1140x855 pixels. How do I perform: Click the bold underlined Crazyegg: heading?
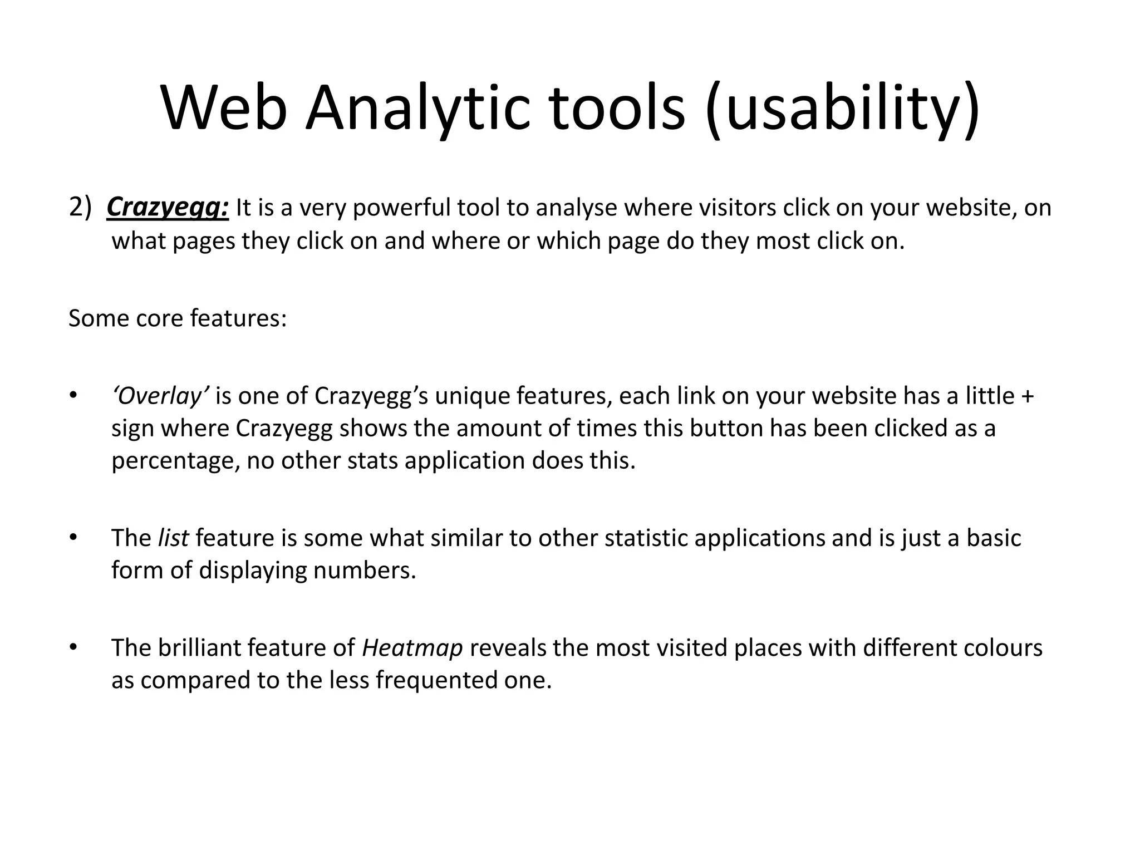(168, 208)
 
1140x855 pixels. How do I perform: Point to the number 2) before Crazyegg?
(80, 208)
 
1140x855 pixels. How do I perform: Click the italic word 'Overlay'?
(160, 396)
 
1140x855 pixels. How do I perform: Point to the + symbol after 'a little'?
(1028, 396)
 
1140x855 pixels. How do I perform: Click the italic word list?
(174, 538)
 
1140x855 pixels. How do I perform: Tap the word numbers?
(364, 571)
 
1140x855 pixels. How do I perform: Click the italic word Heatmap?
(412, 648)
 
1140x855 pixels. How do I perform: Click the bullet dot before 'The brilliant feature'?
(72, 647)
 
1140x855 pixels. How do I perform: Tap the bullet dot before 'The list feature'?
(72, 538)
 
